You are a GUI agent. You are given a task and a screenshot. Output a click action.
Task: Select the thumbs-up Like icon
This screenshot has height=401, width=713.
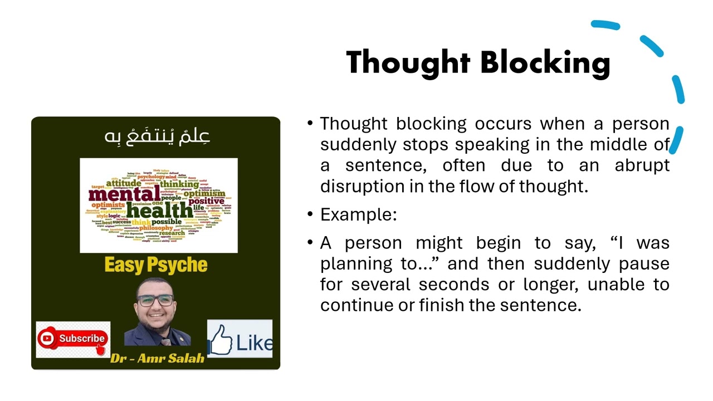pos(222,340)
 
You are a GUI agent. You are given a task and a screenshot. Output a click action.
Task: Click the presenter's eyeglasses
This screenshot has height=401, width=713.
pos(157,300)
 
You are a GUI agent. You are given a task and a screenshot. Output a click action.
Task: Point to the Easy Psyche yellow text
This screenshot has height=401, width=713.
pos(156,265)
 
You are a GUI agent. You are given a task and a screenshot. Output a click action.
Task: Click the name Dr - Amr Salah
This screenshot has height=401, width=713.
pos(157,358)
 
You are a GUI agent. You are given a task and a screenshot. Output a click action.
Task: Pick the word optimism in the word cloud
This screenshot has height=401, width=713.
pos(204,193)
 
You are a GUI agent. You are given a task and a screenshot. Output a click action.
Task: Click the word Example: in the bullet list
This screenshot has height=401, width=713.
pos(358,214)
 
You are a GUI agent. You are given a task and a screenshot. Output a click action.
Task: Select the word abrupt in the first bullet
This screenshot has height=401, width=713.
pos(642,165)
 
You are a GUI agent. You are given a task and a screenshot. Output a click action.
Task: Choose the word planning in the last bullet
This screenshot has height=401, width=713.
pos(353,263)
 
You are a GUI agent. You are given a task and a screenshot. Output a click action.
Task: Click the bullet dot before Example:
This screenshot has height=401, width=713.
pos(310,214)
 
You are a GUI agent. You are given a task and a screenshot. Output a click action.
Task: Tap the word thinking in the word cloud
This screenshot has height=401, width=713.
pos(179,184)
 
